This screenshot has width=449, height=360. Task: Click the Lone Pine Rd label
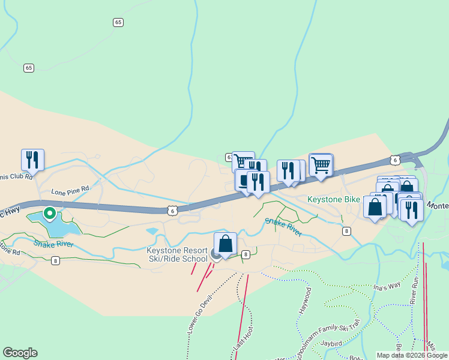pyautogui.click(x=70, y=191)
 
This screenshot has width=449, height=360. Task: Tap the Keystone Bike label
pyautogui.click(x=333, y=199)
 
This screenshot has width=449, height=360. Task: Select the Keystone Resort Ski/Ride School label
pyautogui.click(x=177, y=254)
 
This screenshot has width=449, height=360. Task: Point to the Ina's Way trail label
pyautogui.click(x=386, y=286)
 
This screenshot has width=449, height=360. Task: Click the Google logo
pyautogui.click(x=20, y=353)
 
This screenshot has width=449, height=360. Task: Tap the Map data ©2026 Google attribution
pyautogui.click(x=412, y=355)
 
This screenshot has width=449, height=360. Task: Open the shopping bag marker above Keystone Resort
pyautogui.click(x=225, y=244)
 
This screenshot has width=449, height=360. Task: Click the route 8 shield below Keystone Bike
pyautogui.click(x=346, y=231)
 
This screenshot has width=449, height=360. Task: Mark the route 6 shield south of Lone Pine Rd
pyautogui.click(x=172, y=210)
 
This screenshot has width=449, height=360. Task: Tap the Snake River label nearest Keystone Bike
pyautogui.click(x=283, y=227)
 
